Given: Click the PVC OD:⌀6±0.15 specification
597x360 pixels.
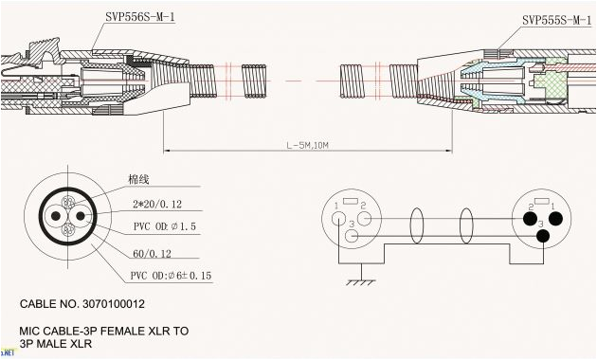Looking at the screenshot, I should (x=172, y=276).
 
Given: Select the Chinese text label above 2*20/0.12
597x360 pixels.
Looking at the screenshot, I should (x=138, y=180).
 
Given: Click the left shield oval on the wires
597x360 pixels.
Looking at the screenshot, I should (x=415, y=226).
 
